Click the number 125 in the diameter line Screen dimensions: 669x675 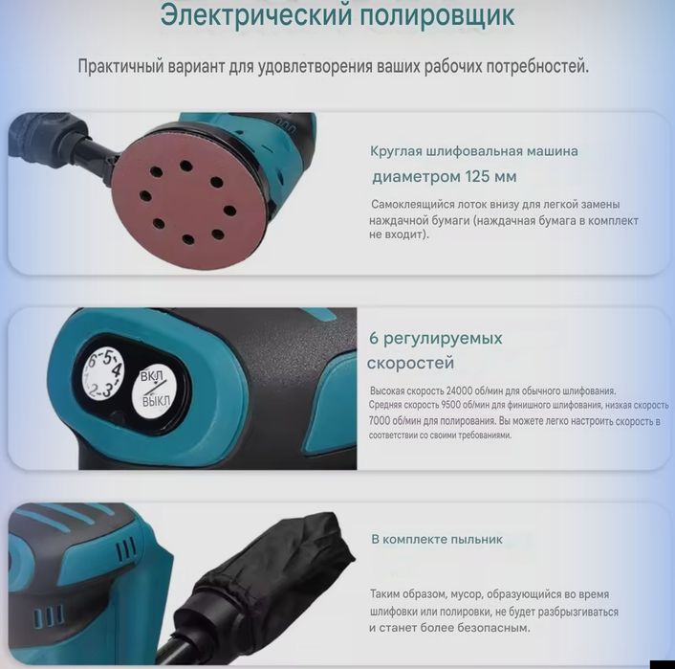click(476, 176)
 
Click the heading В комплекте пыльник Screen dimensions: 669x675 click(436, 539)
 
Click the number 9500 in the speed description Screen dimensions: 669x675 click(446, 406)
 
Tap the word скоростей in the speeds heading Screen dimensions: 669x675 click(410, 364)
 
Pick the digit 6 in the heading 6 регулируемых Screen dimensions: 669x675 click(375, 339)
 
